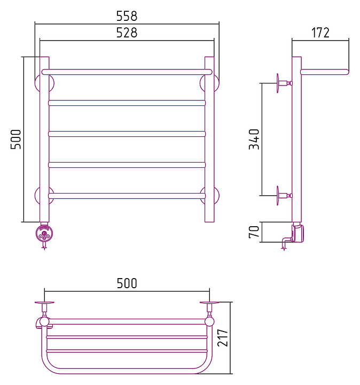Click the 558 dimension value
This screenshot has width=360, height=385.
[x=127, y=16]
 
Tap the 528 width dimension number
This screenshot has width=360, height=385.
[x=127, y=33]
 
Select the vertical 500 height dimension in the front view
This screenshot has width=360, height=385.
[x=15, y=139]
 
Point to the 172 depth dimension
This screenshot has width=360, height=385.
[x=320, y=33]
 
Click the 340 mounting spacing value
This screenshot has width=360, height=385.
[x=254, y=139]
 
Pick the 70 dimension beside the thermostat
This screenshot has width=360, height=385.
[x=254, y=232]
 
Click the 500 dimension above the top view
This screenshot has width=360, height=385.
[x=127, y=283]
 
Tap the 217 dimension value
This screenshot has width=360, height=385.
[x=223, y=338]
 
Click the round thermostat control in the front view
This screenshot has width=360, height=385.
[x=44, y=234]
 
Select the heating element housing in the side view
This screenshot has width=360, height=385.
[x=298, y=233]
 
